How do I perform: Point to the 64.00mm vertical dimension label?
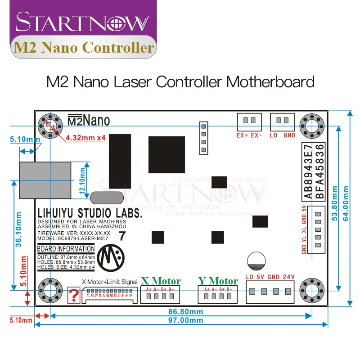click(x=346, y=208)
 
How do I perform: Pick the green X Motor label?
click(x=161, y=281)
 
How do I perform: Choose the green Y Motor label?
click(x=218, y=281)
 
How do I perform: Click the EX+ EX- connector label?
click(x=250, y=135)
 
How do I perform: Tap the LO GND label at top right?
click(x=283, y=135)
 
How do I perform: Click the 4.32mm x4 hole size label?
click(x=85, y=138)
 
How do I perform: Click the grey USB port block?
click(x=45, y=180)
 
